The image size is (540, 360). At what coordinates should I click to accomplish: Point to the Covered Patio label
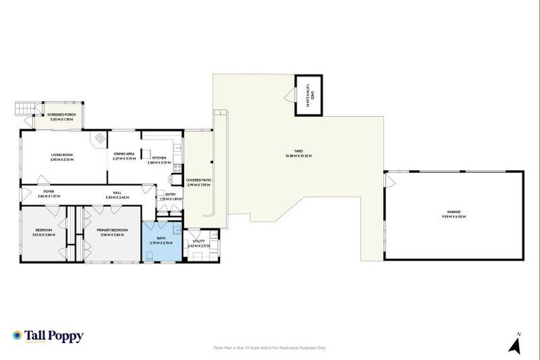coord(198,181)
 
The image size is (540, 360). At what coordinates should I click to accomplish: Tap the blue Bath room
coord(161,242)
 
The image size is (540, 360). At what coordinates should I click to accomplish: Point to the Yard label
coord(298,155)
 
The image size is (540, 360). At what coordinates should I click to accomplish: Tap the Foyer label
coord(49,192)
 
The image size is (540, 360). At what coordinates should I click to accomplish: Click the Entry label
coord(170,196)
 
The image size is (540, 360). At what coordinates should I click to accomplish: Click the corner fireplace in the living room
coord(101,138)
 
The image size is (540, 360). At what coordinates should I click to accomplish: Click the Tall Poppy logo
coord(48,336)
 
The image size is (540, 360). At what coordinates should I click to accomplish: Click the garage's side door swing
coord(389,182)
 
